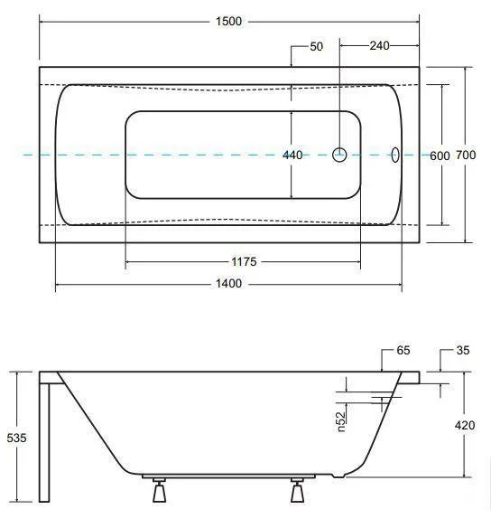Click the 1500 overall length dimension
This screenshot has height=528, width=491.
pos(228,22)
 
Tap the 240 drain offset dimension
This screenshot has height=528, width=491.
pos(379,46)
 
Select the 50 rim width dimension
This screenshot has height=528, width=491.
pos(316,46)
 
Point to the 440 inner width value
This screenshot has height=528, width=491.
pos(292,155)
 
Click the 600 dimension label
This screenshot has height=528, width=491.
pos(440,156)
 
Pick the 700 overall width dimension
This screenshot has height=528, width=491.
pos(466,155)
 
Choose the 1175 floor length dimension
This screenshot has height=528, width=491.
pos(244,261)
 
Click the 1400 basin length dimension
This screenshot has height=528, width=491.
pos(228,284)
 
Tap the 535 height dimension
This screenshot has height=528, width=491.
pos(16,438)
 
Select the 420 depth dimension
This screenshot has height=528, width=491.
pos(465,425)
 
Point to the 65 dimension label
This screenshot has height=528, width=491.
pos(403,350)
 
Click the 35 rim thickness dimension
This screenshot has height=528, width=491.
pos(463,350)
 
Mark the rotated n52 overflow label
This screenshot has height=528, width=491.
pos(341,421)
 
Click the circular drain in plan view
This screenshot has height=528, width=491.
pos(339,155)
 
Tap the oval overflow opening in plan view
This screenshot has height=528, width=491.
pos(395,155)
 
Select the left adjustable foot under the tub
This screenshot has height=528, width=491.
pos(159,490)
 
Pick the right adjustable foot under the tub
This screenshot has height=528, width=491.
pos(297,490)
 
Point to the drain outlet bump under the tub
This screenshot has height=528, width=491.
pos(338,476)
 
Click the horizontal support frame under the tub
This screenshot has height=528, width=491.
pos(228,476)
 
